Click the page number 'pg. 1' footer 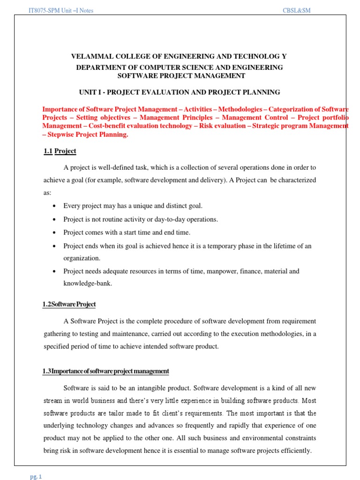coord(37,477)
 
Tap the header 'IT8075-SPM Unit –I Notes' coord(61,10)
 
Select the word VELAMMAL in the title coord(90,56)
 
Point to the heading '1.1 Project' coord(59,151)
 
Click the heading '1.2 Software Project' coord(69,304)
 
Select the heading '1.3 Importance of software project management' coord(105,371)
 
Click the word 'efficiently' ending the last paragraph coord(295,451)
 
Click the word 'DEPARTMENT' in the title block coord(99,67)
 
